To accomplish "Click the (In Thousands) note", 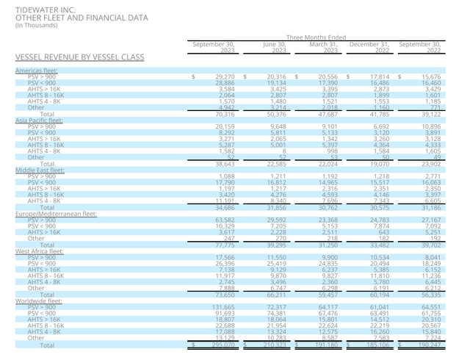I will point(38,24).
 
